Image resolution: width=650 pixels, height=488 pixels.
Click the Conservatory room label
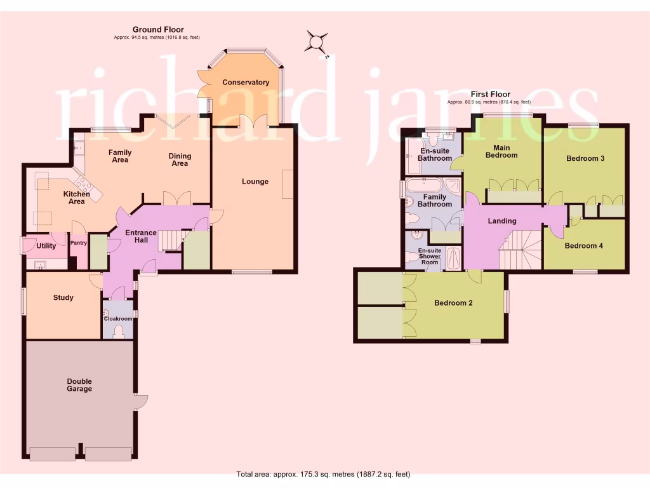click(x=246, y=83)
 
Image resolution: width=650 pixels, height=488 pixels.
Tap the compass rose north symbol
click(x=316, y=43)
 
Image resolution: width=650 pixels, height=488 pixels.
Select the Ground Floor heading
click(x=158, y=29)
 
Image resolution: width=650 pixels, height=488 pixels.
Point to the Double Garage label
click(x=79, y=385)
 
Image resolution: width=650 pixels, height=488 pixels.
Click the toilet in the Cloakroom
click(x=118, y=330)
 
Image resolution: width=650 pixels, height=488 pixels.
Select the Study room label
click(x=63, y=298)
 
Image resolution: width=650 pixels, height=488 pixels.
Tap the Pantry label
click(x=78, y=243)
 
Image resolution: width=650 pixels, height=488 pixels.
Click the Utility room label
click(x=46, y=245)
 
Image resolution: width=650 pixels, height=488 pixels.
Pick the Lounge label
click(x=255, y=182)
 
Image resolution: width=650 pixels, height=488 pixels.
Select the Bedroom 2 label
click(x=453, y=303)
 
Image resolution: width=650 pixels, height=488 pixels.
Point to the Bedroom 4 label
click(x=583, y=246)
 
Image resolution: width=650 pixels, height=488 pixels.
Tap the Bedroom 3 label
click(x=585, y=158)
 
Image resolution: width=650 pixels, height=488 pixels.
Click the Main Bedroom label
click(x=501, y=151)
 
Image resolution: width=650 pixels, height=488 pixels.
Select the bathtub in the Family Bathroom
click(x=423, y=186)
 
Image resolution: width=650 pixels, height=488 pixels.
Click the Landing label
click(x=501, y=221)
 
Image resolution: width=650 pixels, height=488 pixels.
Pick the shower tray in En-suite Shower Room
click(x=453, y=259)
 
